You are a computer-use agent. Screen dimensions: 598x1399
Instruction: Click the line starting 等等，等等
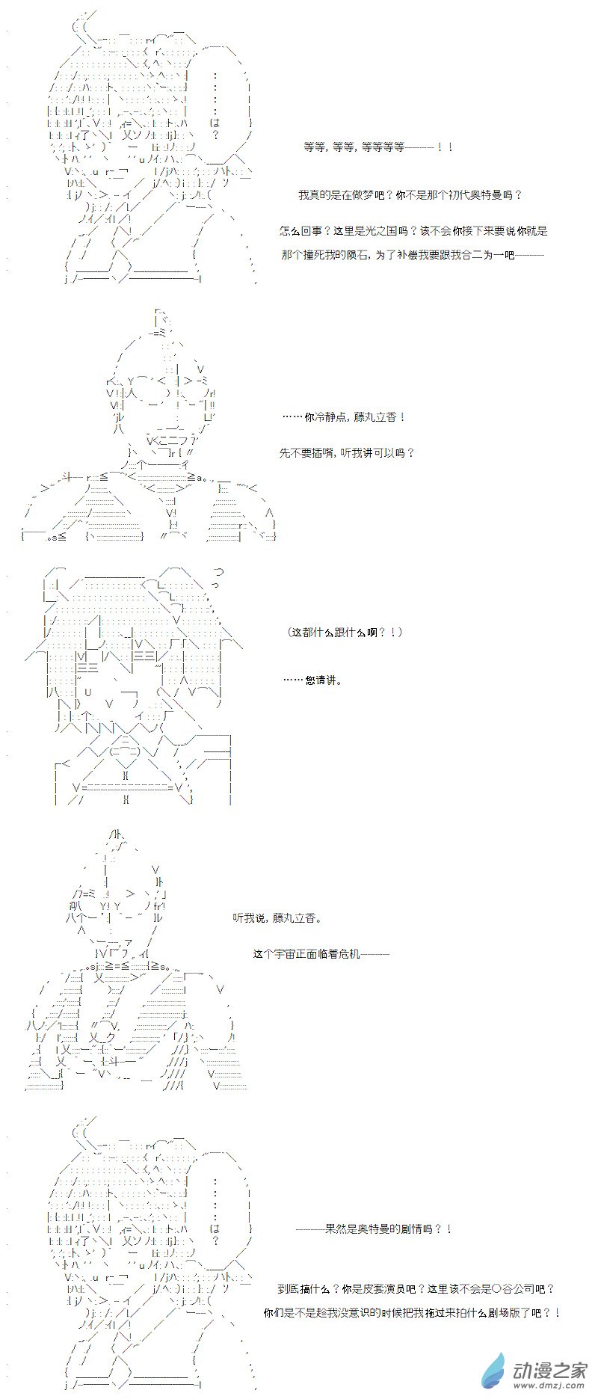(378, 147)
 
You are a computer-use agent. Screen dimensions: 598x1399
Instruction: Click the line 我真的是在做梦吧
(410, 195)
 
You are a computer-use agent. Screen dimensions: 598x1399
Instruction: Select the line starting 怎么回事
(413, 231)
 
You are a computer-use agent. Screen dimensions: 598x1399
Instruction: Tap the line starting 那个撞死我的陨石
(413, 255)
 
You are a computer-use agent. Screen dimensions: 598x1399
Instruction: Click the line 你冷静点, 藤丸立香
(344, 416)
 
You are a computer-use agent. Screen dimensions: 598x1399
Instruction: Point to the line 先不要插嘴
(346, 452)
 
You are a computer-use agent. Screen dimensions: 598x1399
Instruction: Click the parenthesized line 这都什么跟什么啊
(345, 632)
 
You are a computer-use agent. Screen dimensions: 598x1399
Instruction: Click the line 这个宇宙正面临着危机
(321, 953)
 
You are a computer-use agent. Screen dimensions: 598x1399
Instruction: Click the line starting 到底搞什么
(416, 1288)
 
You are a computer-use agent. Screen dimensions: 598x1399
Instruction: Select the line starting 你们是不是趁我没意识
(411, 1312)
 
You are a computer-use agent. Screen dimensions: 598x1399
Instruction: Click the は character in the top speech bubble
(215, 122)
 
